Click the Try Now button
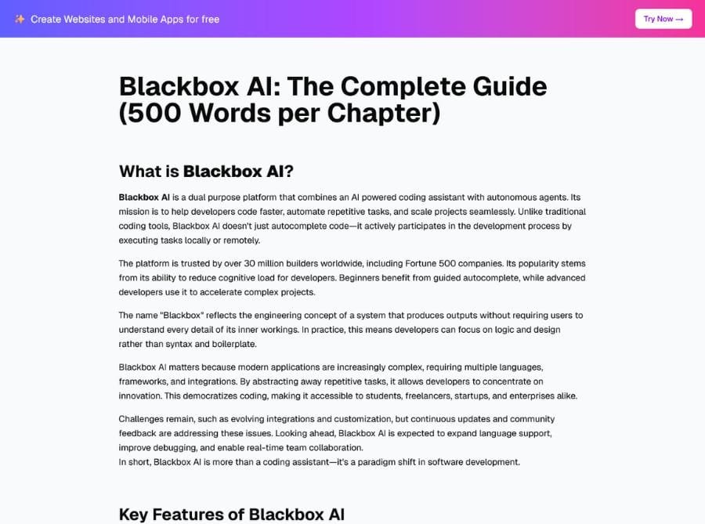(x=663, y=19)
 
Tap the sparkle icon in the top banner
(x=20, y=19)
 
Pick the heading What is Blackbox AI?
(x=206, y=172)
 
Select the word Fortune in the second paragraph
(x=409, y=263)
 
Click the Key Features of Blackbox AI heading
(x=231, y=515)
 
